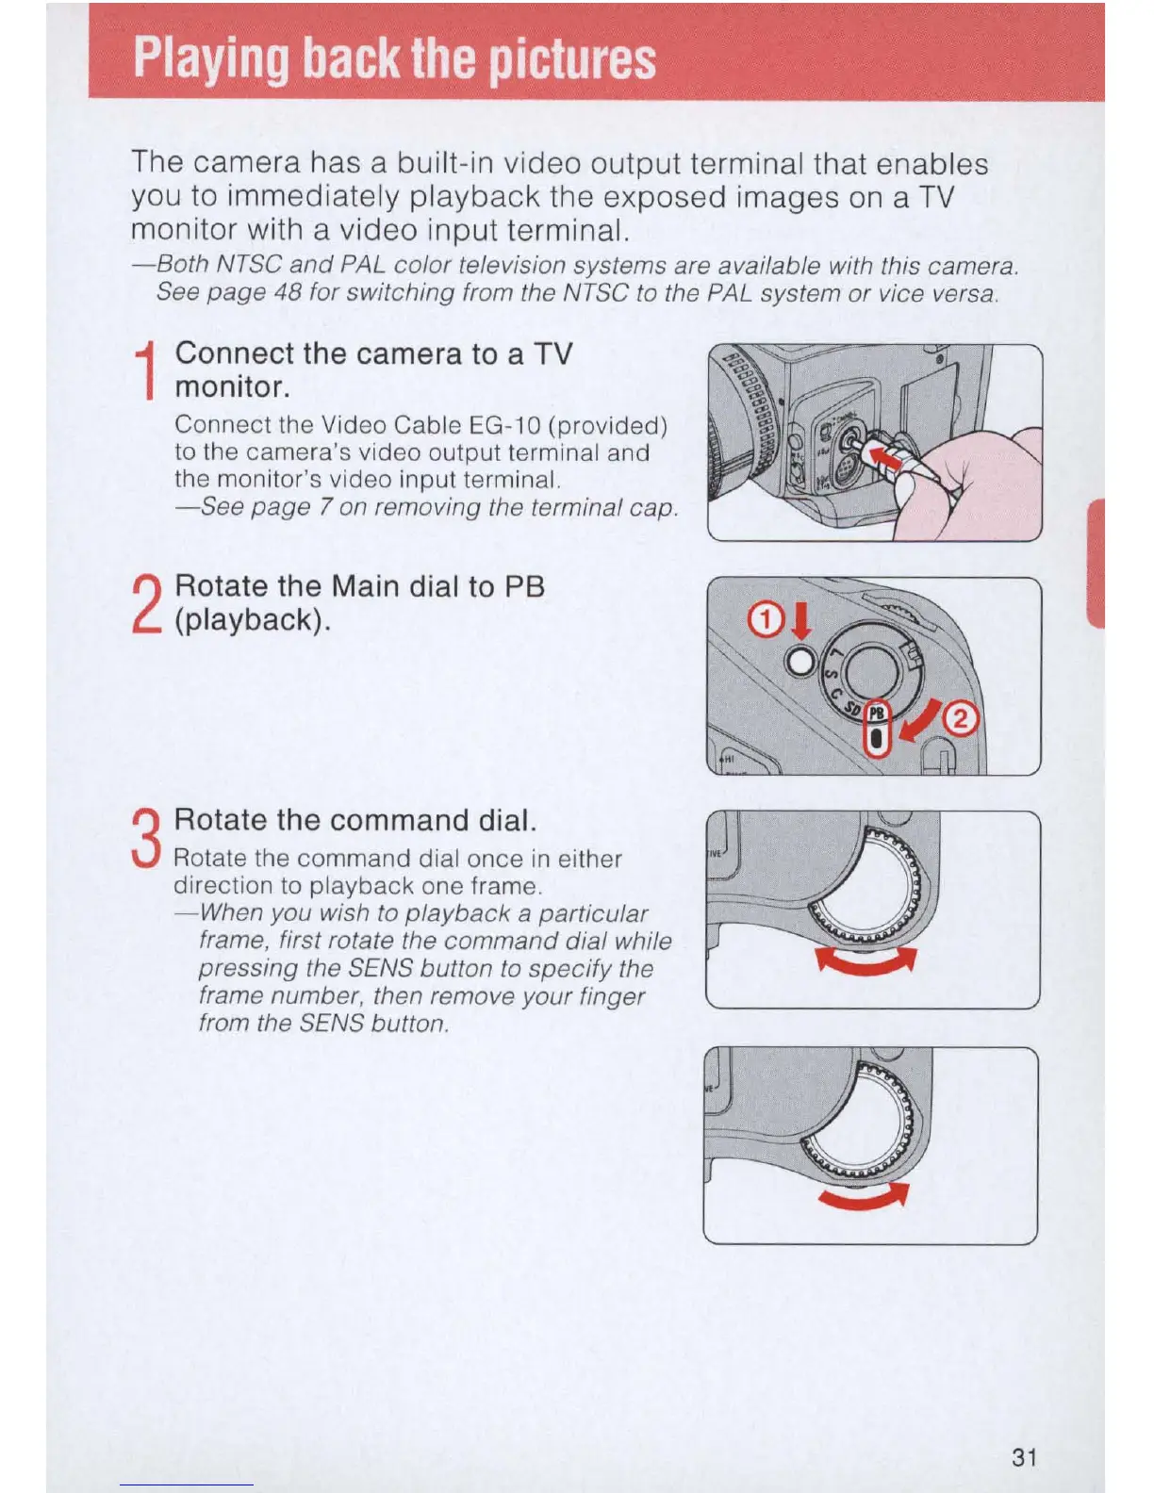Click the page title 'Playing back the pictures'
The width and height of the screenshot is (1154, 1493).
(394, 58)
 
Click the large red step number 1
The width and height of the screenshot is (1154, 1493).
(145, 371)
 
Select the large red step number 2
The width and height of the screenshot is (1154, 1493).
(146, 604)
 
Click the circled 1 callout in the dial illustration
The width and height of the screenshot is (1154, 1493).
(765, 619)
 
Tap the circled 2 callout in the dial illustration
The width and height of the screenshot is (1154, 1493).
(961, 720)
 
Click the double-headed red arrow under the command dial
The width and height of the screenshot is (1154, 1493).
(865, 962)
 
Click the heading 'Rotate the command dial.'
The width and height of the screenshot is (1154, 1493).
(355, 820)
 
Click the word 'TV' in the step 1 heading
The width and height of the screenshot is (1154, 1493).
(552, 353)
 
